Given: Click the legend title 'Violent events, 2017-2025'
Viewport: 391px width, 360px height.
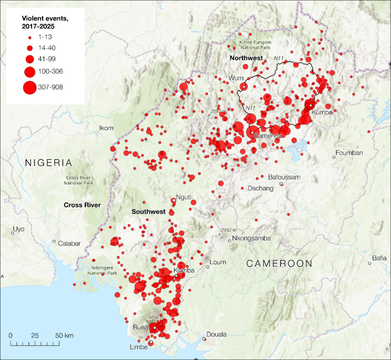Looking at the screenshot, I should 42,22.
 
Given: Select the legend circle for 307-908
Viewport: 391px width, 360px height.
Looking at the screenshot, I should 30,87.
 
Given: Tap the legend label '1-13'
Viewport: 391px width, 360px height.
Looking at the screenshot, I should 49,37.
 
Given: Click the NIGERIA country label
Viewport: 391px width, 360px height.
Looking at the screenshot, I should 49,163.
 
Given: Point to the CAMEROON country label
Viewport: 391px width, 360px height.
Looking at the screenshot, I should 279,263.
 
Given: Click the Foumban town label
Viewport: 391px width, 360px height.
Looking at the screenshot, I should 350,153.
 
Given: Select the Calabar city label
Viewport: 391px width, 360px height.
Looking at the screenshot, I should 70,243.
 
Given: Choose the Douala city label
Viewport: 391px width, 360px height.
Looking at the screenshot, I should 216,334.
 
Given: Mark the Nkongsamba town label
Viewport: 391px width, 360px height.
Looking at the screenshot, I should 251,238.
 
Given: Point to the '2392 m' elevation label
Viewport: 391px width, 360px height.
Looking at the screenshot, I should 229,230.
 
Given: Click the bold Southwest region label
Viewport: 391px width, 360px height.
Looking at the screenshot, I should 148,211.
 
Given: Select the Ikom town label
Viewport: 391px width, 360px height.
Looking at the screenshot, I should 106,128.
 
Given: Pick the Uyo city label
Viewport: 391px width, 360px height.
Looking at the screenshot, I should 19,229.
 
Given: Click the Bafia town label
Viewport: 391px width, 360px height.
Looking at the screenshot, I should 380,258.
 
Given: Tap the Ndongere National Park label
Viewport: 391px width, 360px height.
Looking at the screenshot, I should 103,270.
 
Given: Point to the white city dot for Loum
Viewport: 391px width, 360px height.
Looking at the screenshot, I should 208,267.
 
